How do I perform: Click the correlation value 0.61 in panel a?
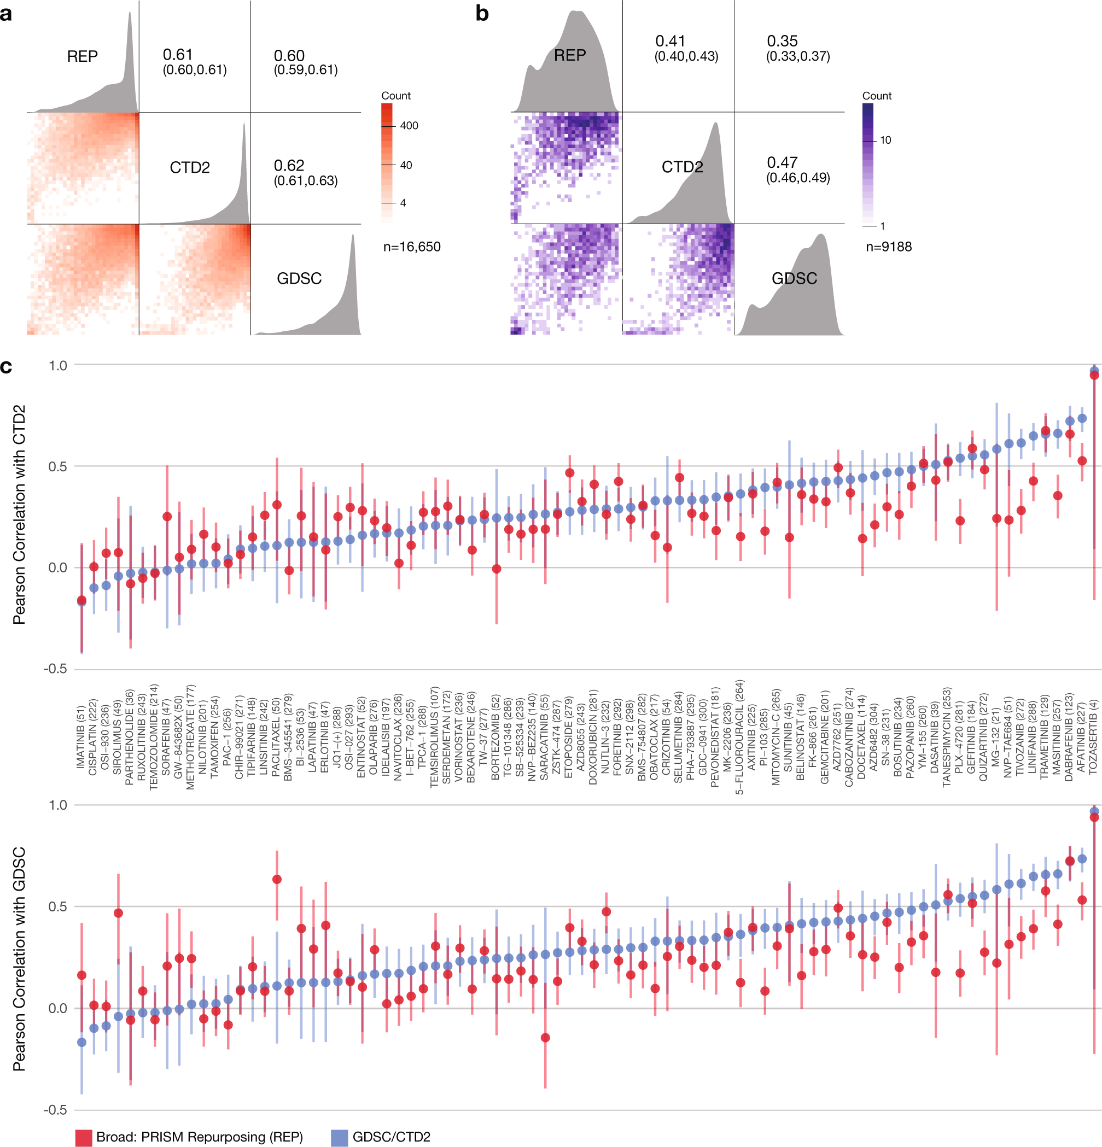(x=177, y=55)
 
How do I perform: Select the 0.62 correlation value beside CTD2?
(x=289, y=165)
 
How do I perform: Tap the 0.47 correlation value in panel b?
(x=782, y=162)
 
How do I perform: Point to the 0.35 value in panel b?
(x=782, y=41)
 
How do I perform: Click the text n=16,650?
(x=412, y=247)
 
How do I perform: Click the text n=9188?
(x=888, y=247)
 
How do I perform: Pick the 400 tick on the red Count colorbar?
(x=409, y=125)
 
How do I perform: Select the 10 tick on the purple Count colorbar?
(x=885, y=140)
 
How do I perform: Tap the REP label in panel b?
(x=569, y=55)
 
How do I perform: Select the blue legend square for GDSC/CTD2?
(x=339, y=1137)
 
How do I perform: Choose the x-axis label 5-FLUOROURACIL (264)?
(x=739, y=736)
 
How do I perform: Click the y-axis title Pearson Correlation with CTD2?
(x=19, y=515)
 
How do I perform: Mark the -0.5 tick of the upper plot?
(x=56, y=668)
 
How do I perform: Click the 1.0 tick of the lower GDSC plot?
(x=57, y=805)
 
